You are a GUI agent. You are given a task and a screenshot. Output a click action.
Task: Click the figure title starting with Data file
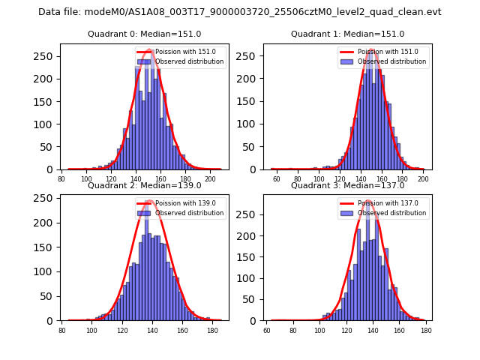[x=240, y=12]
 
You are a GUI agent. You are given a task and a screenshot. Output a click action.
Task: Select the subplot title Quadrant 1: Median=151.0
[x=347, y=34]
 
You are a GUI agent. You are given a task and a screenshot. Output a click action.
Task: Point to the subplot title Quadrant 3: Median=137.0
[x=347, y=185]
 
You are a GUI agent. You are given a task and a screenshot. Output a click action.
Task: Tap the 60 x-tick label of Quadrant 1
[x=276, y=179]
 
